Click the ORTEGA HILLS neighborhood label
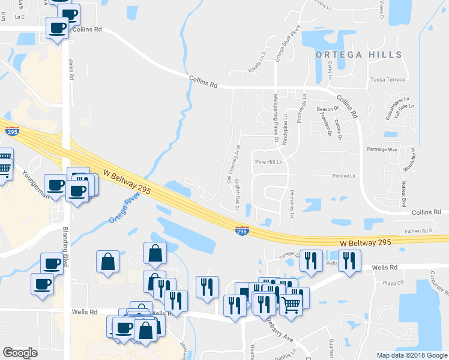tap(359, 55)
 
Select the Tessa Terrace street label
tap(388, 79)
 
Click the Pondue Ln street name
tap(344, 176)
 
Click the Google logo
tap(20, 353)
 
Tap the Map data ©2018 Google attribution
tap(411, 355)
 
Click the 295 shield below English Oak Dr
tap(241, 232)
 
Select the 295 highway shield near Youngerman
tap(11, 131)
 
